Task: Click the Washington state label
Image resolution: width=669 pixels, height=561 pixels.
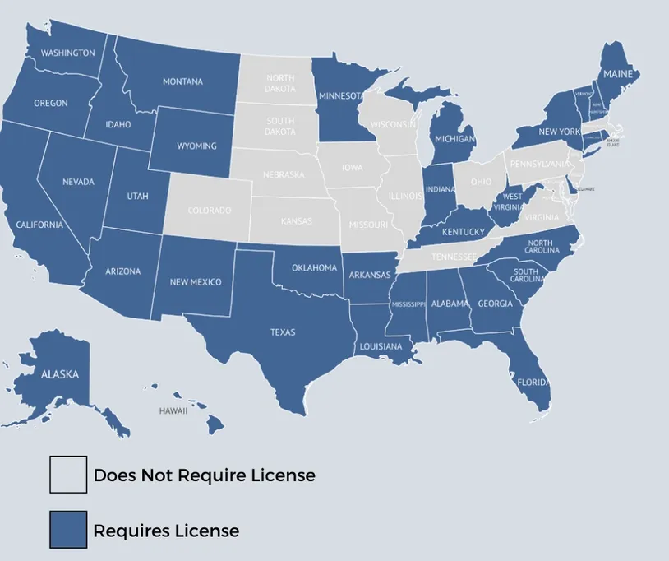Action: point(67,53)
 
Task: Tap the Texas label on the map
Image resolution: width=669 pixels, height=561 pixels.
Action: point(283,333)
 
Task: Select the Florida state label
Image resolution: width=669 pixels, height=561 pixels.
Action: point(532,382)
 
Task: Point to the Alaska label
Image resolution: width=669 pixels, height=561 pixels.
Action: point(60,374)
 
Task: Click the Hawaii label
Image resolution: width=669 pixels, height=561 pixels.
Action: point(173,411)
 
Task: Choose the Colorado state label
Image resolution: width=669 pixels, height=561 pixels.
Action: point(210,211)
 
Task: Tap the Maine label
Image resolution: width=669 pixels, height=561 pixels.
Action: point(617,74)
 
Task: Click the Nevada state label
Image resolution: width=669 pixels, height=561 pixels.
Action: point(78,182)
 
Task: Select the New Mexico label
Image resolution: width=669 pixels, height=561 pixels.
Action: point(196,282)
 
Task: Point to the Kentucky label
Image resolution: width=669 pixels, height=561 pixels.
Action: point(464,232)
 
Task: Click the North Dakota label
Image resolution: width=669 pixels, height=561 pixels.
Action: point(279,83)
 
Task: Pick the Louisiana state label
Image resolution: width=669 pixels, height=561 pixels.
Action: point(381,346)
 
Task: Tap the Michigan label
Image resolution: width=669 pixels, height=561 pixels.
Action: point(454,139)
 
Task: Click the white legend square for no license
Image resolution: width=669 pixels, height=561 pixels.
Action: point(68,475)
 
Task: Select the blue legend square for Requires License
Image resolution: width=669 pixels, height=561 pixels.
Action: point(68,530)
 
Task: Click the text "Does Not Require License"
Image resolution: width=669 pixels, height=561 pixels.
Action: point(204,475)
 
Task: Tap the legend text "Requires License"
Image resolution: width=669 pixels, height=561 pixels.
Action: point(166,531)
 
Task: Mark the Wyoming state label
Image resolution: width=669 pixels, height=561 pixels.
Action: point(197,146)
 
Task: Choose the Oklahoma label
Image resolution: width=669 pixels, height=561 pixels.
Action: point(315,267)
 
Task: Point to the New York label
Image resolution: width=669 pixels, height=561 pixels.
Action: point(559,132)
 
